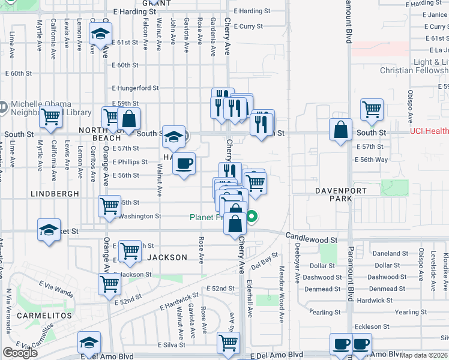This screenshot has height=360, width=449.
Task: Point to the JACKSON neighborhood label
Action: [x=167, y=257]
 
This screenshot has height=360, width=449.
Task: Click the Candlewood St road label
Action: [x=312, y=239]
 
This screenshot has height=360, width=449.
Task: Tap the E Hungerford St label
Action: [x=135, y=88]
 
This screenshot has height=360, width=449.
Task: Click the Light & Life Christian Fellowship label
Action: [x=414, y=66]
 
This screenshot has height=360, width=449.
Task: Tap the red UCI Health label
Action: [x=429, y=131]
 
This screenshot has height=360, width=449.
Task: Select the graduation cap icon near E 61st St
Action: [x=101, y=35]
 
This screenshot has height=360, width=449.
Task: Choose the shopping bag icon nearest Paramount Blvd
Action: [x=341, y=130]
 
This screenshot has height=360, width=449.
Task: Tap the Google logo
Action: [x=20, y=353]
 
